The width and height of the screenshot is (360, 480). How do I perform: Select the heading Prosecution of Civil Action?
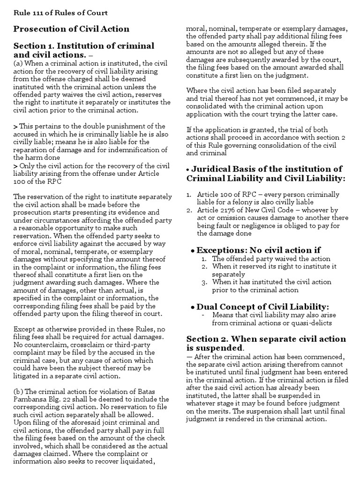(x=71, y=29)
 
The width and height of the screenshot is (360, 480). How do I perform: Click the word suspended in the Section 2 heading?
(x=220, y=348)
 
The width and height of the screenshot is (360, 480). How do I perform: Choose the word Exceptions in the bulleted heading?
(x=221, y=250)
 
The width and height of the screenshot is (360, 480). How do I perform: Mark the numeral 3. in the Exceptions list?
(x=204, y=282)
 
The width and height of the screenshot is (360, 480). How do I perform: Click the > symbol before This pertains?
(x=15, y=127)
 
